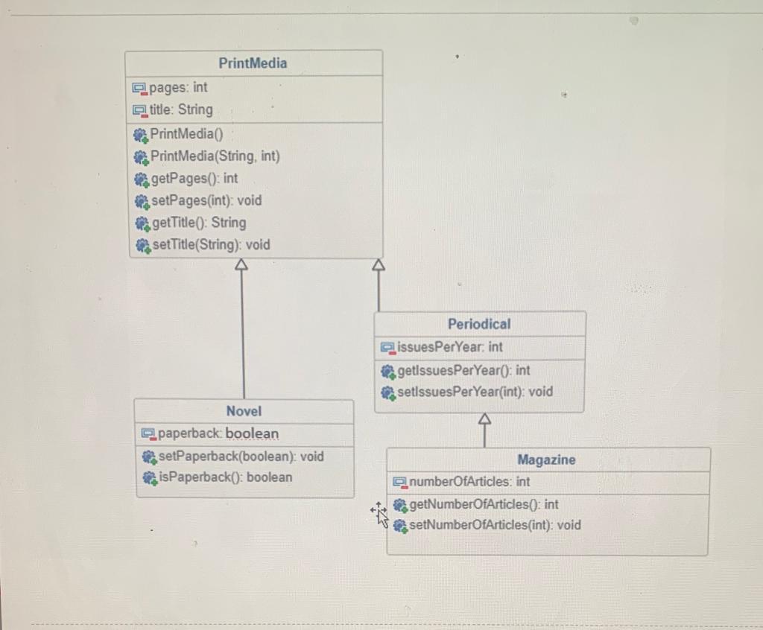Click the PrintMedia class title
[x=253, y=63]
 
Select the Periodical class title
[x=479, y=324]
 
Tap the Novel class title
[x=244, y=411]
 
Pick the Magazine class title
[x=546, y=460]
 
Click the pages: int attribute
[x=178, y=88]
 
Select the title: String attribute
[x=181, y=110]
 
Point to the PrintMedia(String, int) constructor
[x=215, y=156]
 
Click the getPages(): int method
[x=194, y=179]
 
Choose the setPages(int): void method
[x=206, y=200]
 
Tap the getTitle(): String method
[x=198, y=223]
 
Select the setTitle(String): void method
[x=210, y=245]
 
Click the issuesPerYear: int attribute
[x=449, y=347]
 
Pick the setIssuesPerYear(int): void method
[x=475, y=392]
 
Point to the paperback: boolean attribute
[x=218, y=433]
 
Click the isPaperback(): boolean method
[x=225, y=477]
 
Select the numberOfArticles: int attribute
[x=469, y=482]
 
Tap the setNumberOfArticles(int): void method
[x=494, y=525]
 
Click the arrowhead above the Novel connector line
[x=240, y=264]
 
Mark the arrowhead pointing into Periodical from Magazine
[x=484, y=419]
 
